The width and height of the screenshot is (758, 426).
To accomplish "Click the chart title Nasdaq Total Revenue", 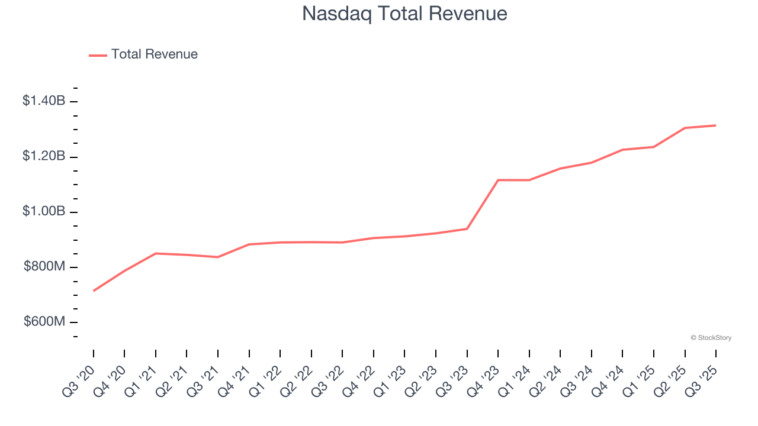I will pos(404,14).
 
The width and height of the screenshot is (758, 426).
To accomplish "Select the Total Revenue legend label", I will pos(154,54).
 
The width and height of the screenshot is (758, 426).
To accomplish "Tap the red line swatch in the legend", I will pos(98,55).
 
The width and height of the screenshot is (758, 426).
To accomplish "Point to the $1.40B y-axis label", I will pos(44,101).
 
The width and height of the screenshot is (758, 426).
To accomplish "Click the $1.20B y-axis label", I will pos(44,156).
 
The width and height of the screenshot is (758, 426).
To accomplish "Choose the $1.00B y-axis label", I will pos(44,212).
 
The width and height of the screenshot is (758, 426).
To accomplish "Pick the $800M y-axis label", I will pos(44,267).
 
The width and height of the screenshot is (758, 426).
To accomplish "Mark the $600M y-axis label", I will pos(44,322).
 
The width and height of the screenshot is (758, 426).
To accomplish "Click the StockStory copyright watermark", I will pos(711,338).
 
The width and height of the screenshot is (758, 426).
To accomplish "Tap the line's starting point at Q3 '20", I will pos(94,291).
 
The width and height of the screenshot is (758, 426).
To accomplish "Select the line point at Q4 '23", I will pos(498,180).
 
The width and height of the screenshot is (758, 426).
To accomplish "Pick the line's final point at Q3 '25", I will pos(716,125).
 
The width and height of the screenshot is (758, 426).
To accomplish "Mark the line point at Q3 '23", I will pos(467,228).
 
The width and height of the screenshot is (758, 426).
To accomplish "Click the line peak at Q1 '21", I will pos(156,253).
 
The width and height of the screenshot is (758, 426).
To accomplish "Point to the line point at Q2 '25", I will pos(685,128).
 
